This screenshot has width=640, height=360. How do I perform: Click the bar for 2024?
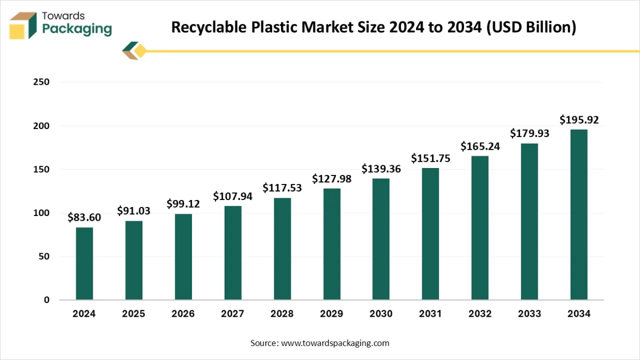84,263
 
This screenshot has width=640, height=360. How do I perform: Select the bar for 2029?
332,244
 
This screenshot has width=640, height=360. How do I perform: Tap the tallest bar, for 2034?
579,214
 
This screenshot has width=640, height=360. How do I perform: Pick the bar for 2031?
430,234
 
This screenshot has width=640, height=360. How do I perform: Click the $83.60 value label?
84,218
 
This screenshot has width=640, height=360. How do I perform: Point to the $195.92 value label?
579,120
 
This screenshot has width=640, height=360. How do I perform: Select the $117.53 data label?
282,188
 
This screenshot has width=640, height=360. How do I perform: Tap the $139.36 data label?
381,169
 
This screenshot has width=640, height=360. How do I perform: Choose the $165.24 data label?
480,146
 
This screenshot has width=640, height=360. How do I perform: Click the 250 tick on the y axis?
41,82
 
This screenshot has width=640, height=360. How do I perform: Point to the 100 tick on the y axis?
41,213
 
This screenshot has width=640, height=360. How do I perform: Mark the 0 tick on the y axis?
46,300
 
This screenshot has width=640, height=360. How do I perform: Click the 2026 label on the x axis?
183,314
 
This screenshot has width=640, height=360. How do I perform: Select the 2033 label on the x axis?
530,314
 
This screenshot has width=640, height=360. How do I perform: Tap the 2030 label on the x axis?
381,314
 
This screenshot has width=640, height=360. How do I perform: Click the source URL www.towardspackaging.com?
335,343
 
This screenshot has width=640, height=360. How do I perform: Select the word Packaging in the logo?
77,29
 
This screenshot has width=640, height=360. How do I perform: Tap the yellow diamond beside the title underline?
140,51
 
